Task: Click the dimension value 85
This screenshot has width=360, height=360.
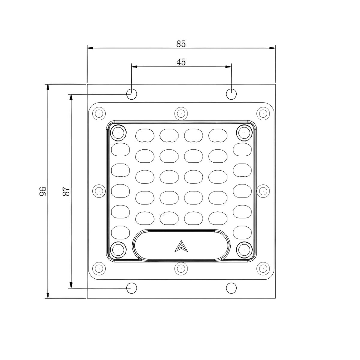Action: point(181,44)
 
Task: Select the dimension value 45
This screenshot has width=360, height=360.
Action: point(181,62)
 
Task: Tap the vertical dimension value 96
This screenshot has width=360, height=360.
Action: point(43,191)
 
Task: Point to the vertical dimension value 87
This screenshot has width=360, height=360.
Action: point(66,191)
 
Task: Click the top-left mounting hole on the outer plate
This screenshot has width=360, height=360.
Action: point(131,94)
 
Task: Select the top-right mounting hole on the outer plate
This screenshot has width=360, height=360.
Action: point(231,94)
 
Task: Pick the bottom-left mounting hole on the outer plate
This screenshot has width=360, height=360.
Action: point(131,288)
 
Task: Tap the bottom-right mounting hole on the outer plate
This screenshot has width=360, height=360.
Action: point(231,288)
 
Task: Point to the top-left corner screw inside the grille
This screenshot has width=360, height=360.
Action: point(118,132)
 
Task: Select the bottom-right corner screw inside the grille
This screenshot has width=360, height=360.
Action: point(244,250)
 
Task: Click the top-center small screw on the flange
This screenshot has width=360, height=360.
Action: point(181,114)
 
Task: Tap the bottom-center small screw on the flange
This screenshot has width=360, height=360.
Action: point(181,268)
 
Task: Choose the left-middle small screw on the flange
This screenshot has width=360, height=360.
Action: point(98,191)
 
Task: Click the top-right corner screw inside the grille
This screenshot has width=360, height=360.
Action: point(244,132)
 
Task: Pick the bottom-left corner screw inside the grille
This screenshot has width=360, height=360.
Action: point(118,250)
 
